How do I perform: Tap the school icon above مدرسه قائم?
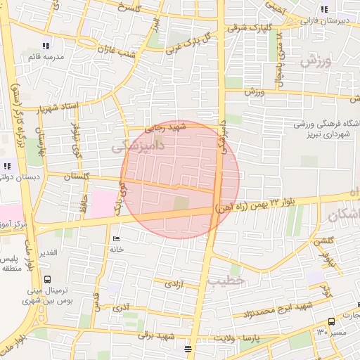click(x=46, y=46)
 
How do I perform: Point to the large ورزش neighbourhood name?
click(x=314, y=61)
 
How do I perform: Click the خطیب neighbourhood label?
click(x=225, y=280)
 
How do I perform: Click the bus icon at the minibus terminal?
click(x=47, y=279)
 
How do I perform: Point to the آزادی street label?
click(x=173, y=284)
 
